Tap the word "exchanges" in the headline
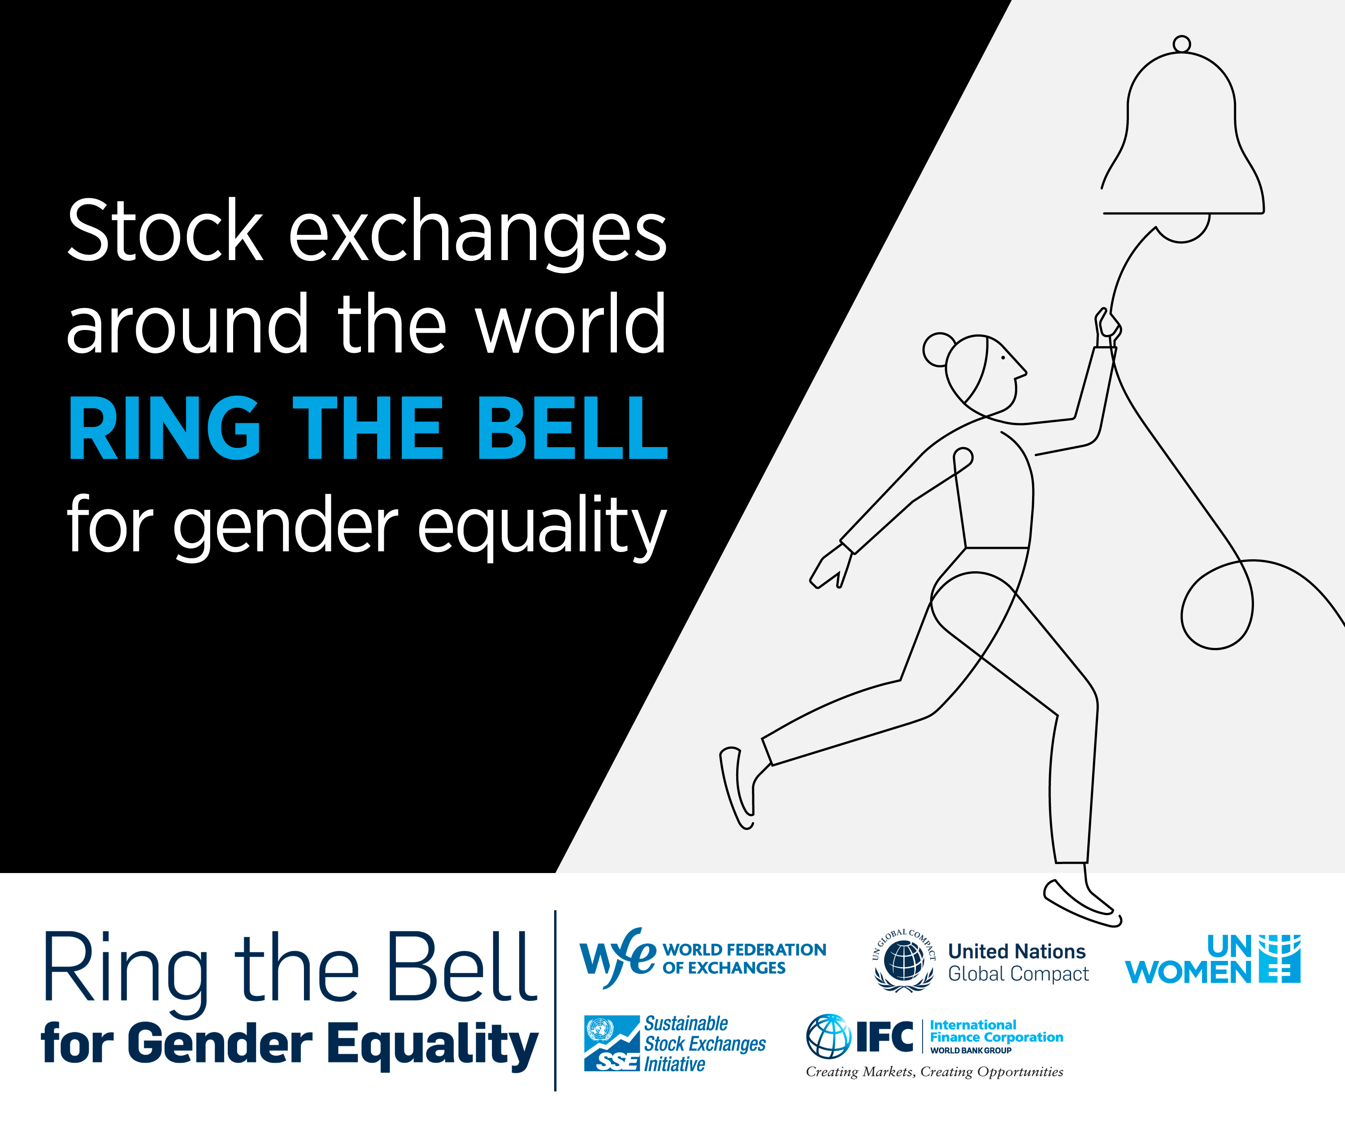478,236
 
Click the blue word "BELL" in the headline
573,428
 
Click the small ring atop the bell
1182,44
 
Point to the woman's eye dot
1003,357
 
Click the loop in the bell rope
1217,605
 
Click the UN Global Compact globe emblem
904,960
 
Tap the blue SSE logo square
612,1043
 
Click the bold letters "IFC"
885,1037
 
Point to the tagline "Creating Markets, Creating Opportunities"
934,1072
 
